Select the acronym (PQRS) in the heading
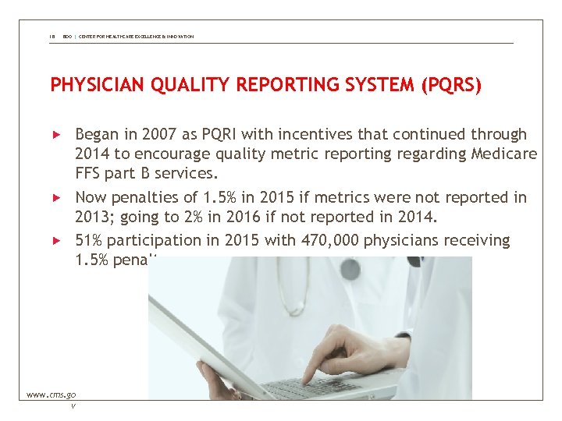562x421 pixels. click(450, 84)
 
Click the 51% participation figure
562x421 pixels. click(90, 241)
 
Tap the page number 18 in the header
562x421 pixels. click(53, 37)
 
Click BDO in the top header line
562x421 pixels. click(66, 37)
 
